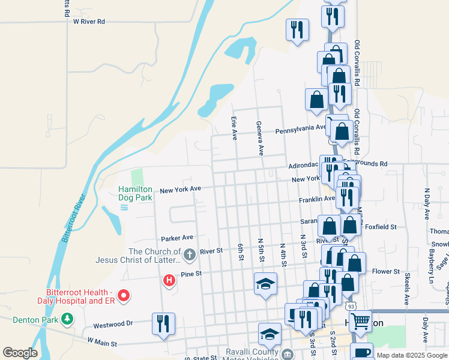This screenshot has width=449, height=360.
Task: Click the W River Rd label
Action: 89,22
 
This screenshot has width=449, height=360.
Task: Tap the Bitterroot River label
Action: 73,217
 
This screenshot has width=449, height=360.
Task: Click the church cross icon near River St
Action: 189,255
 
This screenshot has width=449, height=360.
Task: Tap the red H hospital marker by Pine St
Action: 169,280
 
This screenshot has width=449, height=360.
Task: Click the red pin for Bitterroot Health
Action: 124,295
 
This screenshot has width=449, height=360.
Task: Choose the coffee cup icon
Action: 361,353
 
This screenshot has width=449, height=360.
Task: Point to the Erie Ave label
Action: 234,128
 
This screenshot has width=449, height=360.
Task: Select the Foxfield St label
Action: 381,227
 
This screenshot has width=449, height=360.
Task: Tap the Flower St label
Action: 385,272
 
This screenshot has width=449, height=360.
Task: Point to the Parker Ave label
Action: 176,237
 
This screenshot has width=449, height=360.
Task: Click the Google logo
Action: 20,352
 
